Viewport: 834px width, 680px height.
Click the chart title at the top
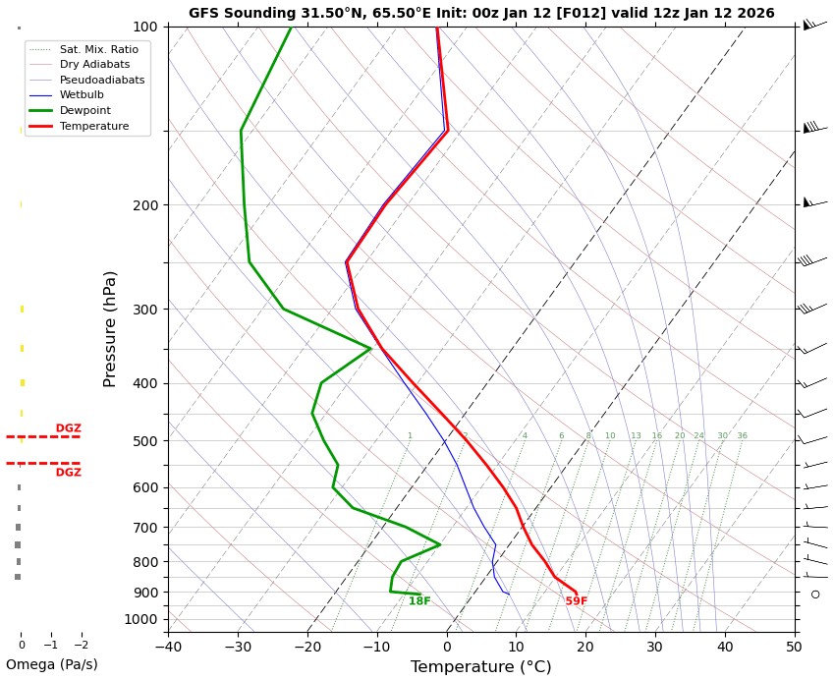coord(481,14)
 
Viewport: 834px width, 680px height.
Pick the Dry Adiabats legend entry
coord(94,64)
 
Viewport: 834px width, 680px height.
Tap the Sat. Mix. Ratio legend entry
coord(98,49)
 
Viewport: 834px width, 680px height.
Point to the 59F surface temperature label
coord(577,601)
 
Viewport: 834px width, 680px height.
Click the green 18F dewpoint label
coord(419,601)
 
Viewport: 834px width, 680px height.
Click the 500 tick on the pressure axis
coord(146,441)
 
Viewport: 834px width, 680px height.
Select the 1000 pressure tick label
coord(142,619)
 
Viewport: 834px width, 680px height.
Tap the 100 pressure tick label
coord(146,27)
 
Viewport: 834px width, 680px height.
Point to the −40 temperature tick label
coord(168,647)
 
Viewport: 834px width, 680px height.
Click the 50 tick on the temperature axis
coord(794,647)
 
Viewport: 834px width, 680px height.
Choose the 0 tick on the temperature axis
coord(447,647)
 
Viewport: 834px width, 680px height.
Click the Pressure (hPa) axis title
coord(110,328)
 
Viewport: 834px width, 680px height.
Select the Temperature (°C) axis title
coord(480,667)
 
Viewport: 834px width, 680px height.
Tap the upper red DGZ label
coord(69,428)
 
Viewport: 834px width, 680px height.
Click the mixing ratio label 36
coord(742,436)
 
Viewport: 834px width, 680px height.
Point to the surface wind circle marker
coord(815,594)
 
